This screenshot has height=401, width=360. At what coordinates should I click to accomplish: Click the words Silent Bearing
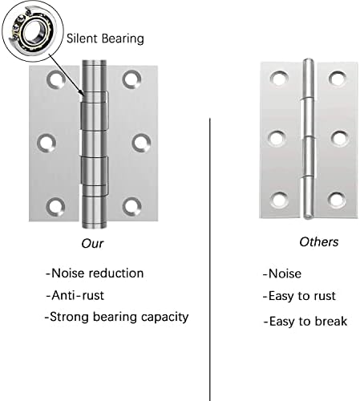tap(105, 38)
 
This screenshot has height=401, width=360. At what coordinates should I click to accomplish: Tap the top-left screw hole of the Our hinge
tap(56, 79)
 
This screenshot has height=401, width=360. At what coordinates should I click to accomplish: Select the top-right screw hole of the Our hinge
tap(131, 79)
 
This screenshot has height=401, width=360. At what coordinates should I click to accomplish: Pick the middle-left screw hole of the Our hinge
tap(47, 142)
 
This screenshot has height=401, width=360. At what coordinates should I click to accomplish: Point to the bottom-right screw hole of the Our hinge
tap(131, 206)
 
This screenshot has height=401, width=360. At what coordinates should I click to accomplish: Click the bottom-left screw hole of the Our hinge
tap(55, 207)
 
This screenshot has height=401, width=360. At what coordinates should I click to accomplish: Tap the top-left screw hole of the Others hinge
tap(279, 79)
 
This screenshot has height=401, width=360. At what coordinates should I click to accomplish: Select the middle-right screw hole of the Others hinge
tap(339, 138)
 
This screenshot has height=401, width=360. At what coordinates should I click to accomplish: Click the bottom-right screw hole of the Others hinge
tap(337, 200)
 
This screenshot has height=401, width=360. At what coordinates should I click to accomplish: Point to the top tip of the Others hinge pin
tap(309, 59)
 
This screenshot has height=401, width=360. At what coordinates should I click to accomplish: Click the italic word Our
tap(92, 244)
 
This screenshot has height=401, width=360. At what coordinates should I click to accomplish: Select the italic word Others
tap(319, 242)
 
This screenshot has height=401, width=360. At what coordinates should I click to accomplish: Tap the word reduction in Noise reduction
tap(116, 273)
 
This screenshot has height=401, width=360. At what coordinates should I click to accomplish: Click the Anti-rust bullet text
tap(75, 295)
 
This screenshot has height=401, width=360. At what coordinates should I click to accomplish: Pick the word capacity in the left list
tap(165, 318)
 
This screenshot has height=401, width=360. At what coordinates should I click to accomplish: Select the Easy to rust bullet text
tap(299, 297)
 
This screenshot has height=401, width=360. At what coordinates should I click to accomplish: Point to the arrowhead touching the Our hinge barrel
tap(82, 93)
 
